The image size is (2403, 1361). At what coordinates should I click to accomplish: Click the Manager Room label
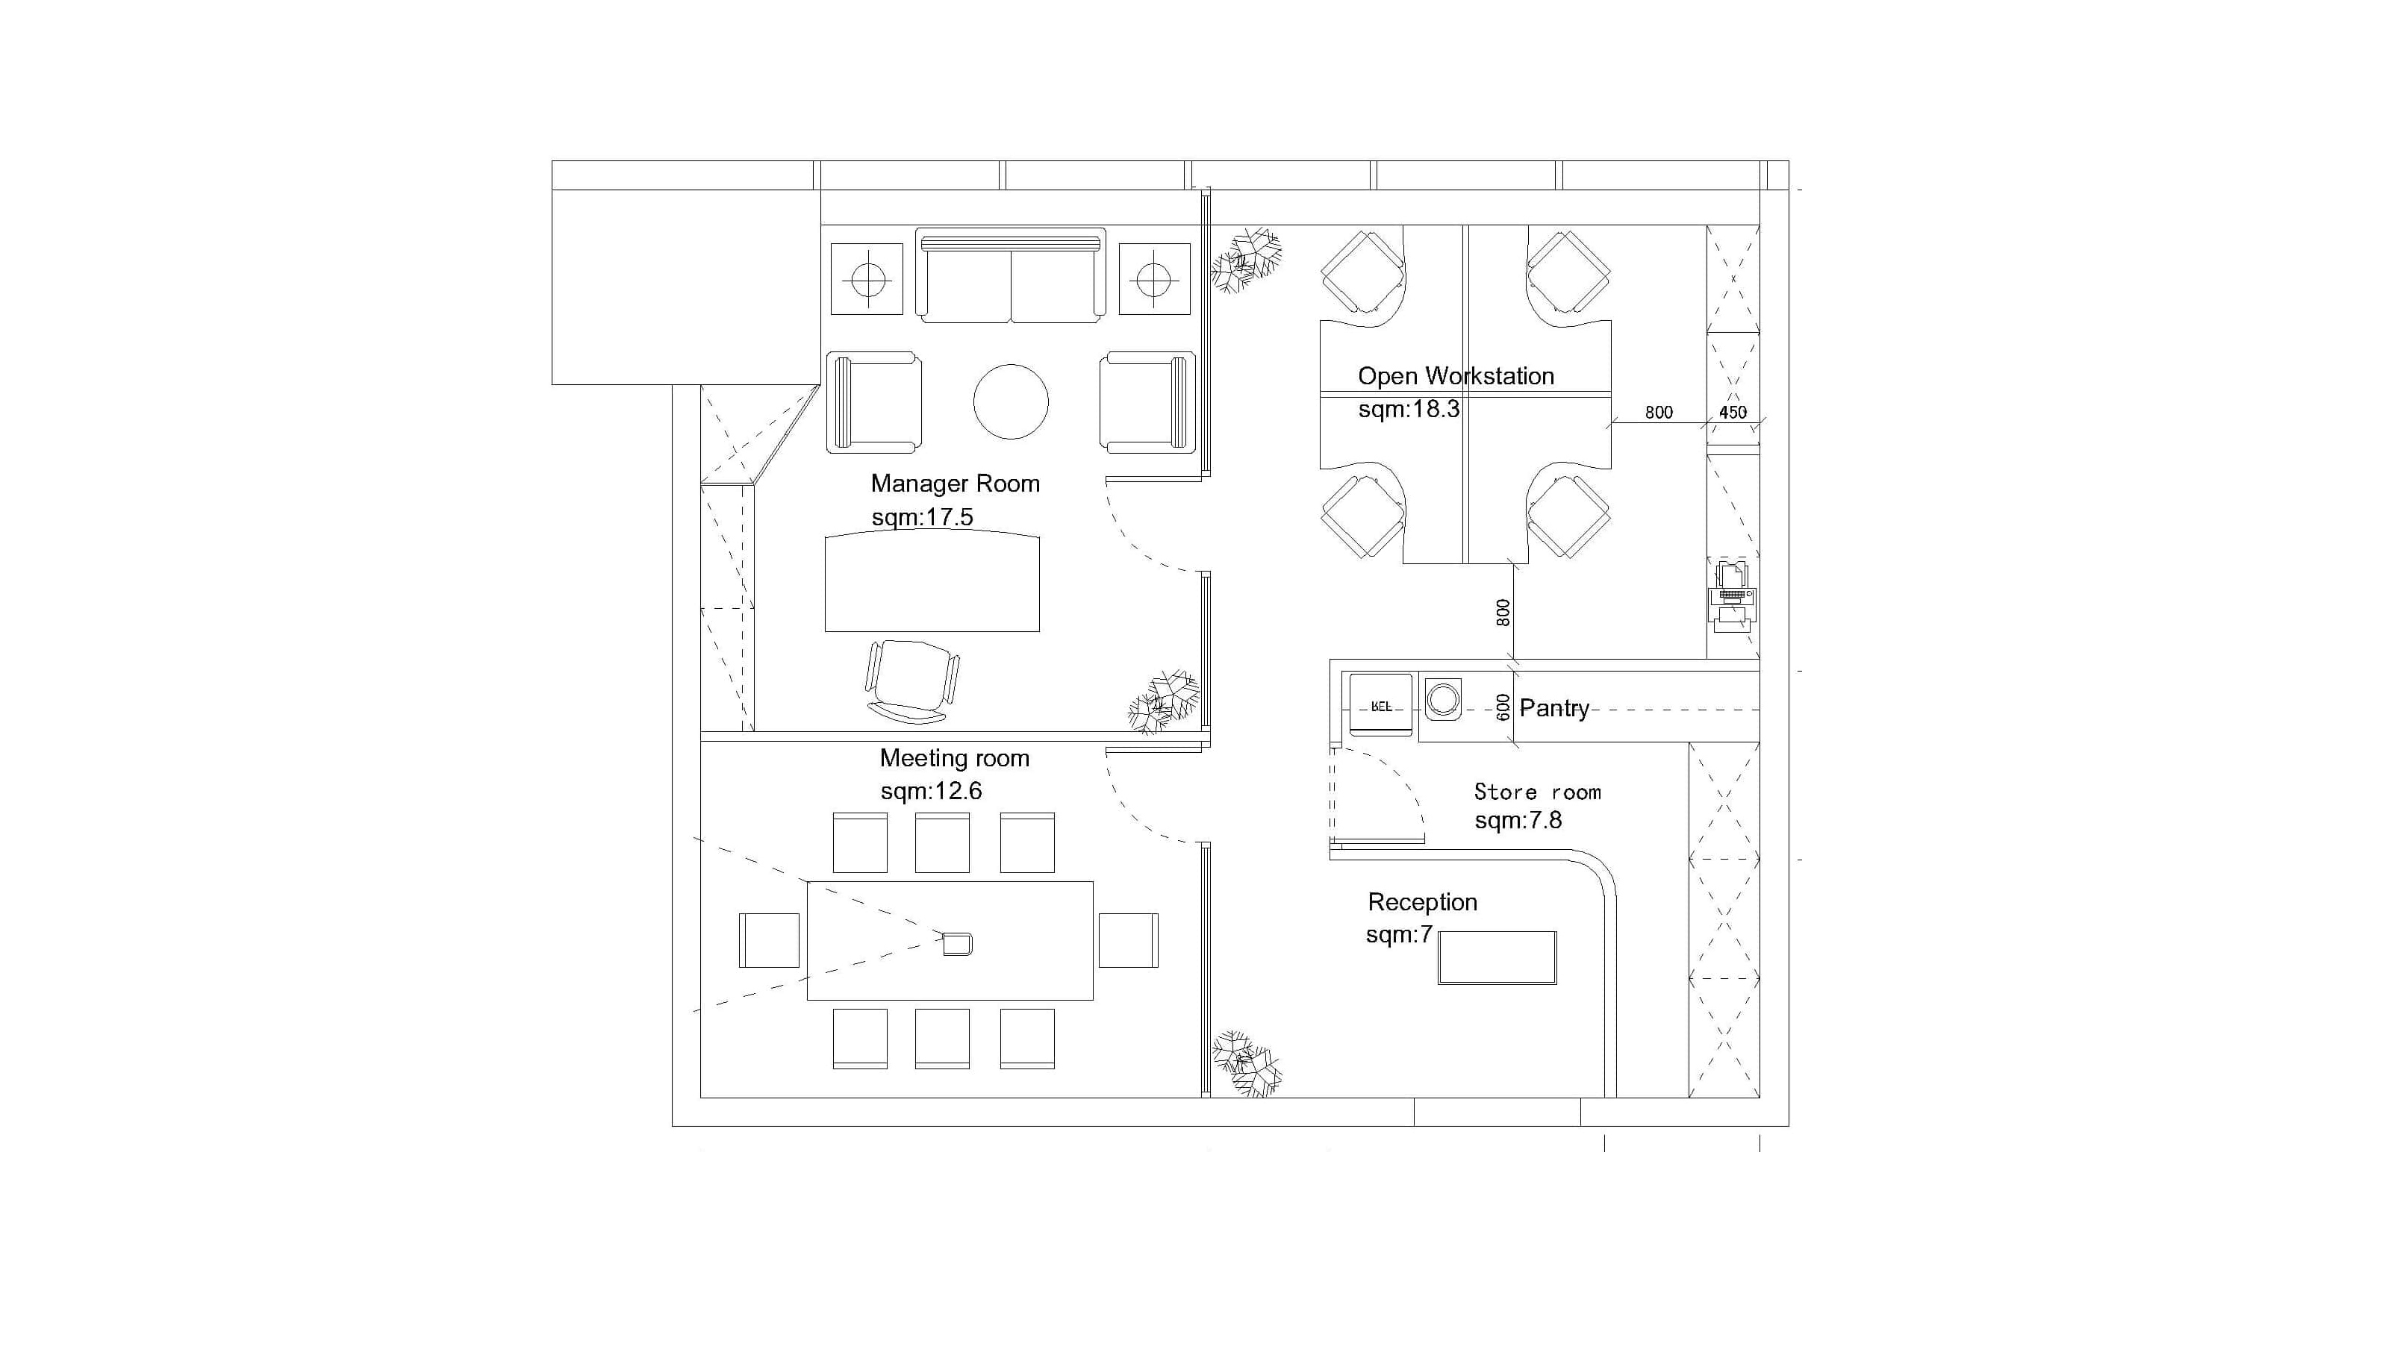955,484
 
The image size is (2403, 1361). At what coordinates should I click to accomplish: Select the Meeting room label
955,758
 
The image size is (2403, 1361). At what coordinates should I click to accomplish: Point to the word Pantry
1554,709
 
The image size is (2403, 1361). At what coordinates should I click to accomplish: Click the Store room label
1538,792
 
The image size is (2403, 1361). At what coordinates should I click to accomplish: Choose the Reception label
1422,902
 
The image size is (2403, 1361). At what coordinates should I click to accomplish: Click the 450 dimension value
1733,412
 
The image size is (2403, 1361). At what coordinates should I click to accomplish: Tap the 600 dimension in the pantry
1503,707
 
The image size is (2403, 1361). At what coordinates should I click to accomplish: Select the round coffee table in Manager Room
1011,402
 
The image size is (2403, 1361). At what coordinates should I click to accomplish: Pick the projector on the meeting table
958,944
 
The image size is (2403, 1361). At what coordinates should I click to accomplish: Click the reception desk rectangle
1497,957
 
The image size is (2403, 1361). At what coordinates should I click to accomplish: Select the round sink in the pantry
1443,699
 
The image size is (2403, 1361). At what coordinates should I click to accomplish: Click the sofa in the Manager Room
1011,277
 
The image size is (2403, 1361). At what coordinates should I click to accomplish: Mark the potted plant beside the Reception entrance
1247,1064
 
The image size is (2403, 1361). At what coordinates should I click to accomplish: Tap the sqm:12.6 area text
932,792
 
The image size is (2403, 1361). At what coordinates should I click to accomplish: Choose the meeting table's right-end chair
1129,940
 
